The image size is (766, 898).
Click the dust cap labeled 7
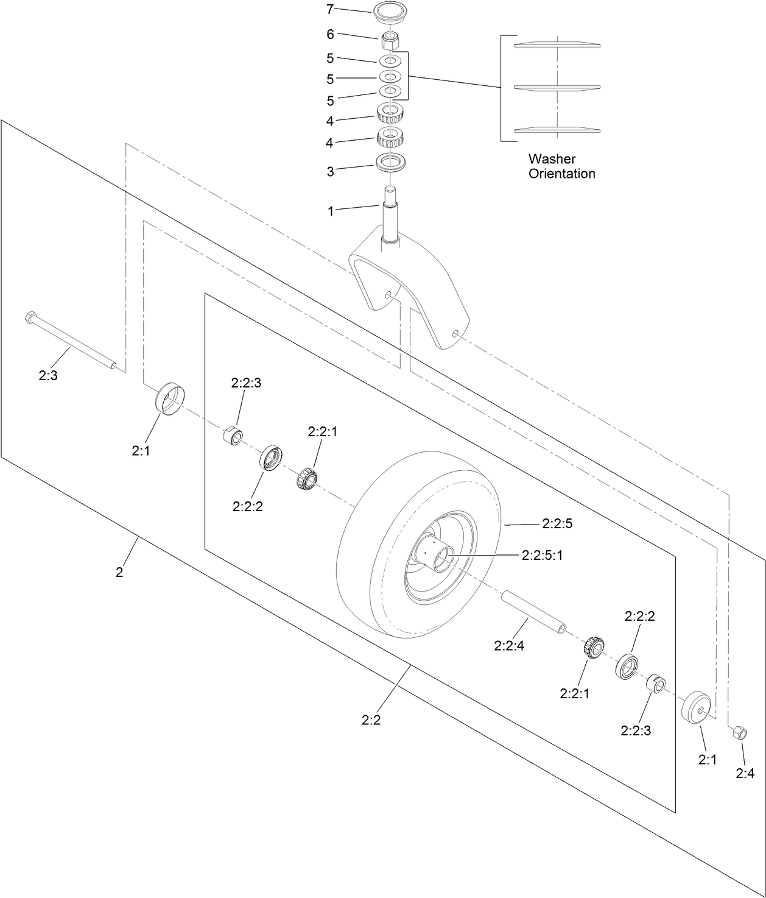390,11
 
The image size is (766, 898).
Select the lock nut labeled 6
390,41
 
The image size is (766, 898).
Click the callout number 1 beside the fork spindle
331,211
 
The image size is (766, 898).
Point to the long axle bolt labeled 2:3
70,341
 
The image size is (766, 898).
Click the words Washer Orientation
561,166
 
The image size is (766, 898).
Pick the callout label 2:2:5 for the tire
557,523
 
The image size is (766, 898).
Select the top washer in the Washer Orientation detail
557,44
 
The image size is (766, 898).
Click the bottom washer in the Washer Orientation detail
557,129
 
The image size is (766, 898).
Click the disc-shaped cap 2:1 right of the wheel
697,708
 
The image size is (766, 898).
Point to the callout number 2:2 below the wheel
371,719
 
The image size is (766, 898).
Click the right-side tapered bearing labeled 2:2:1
592,647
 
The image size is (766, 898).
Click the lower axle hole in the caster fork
455,333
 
